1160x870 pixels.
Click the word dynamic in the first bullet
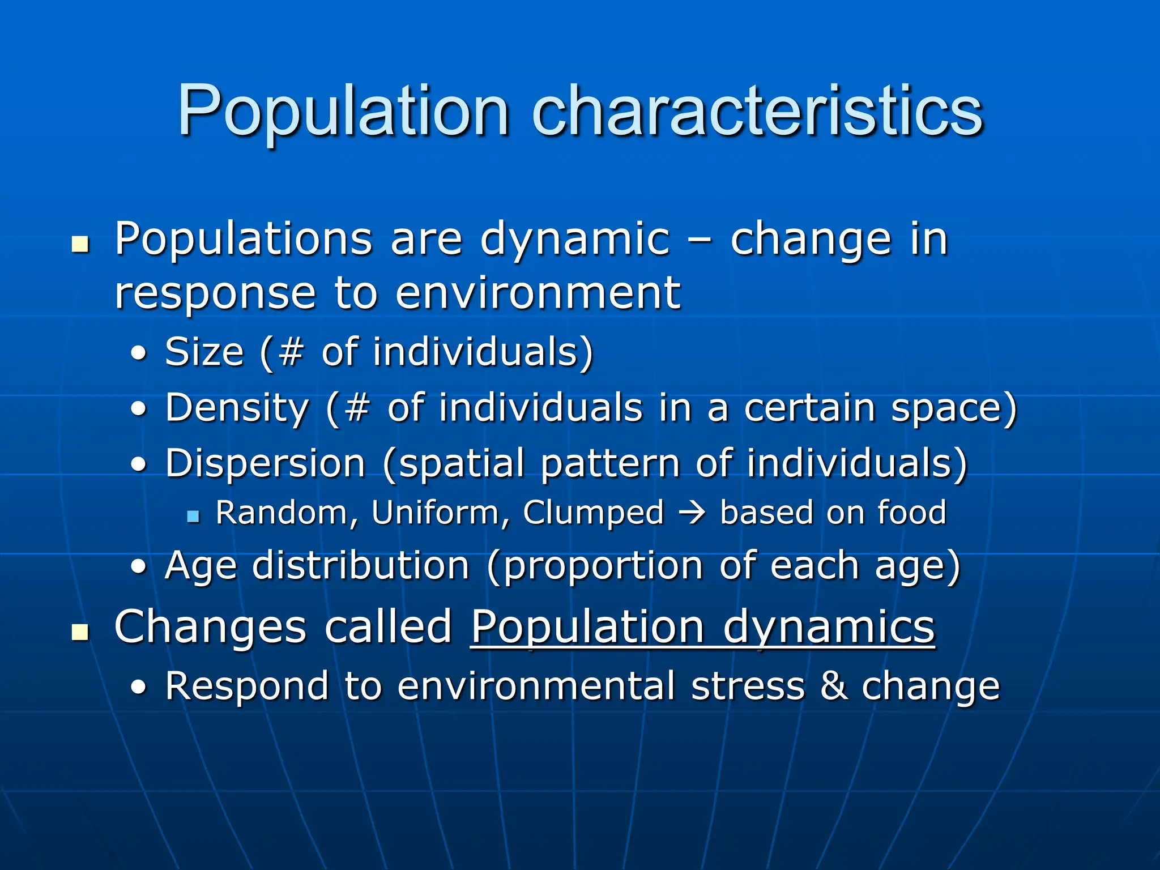[x=575, y=240]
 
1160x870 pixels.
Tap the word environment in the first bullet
[x=538, y=293]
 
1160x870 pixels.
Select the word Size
[x=204, y=352]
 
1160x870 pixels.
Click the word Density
[x=237, y=408]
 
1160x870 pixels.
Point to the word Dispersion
[x=265, y=463]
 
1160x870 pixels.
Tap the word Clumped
[x=593, y=513]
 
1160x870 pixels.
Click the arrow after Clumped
[x=692, y=513]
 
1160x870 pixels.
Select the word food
[x=912, y=513]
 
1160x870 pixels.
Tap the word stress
[x=748, y=686]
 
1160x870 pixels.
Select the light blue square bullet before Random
[x=193, y=516]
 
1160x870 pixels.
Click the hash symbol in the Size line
[x=291, y=352]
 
